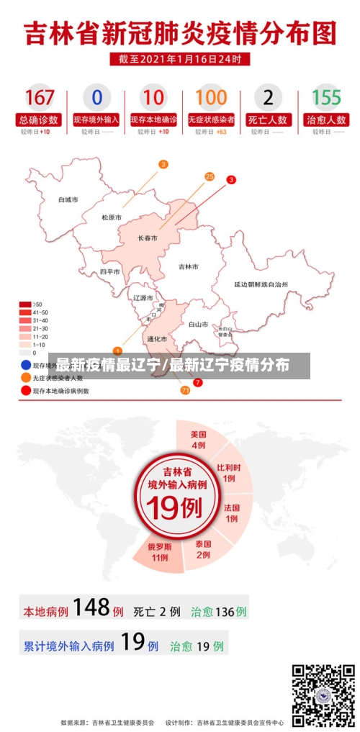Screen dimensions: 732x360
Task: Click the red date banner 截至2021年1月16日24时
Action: (x=180, y=59)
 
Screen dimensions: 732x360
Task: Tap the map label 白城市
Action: (x=68, y=199)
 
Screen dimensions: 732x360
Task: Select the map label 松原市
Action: (x=111, y=217)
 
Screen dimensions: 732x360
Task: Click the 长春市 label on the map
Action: (x=148, y=238)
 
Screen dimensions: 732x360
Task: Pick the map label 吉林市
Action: (x=188, y=266)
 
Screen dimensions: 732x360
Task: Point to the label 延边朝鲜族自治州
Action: (x=260, y=284)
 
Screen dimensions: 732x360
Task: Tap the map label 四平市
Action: (x=109, y=272)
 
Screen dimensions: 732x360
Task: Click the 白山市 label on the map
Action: (x=198, y=324)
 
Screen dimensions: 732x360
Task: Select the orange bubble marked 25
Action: (x=210, y=176)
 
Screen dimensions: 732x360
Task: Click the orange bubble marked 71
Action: (x=185, y=390)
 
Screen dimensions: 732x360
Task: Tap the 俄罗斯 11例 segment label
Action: (x=158, y=552)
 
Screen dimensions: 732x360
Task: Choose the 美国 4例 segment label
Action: (x=199, y=440)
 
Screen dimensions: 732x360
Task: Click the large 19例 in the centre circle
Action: (x=173, y=508)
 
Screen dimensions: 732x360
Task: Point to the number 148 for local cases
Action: (x=91, y=607)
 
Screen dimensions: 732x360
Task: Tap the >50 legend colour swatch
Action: (x=25, y=304)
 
